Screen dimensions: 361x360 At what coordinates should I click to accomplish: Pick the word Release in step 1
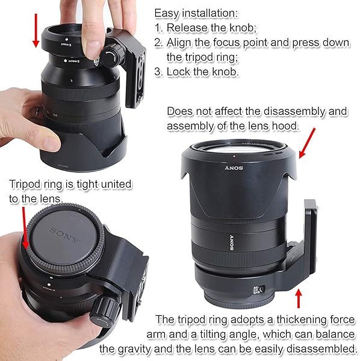pyautogui.click(x=187, y=28)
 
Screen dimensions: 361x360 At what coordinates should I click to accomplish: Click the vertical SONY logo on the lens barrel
pyautogui.click(x=231, y=242)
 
